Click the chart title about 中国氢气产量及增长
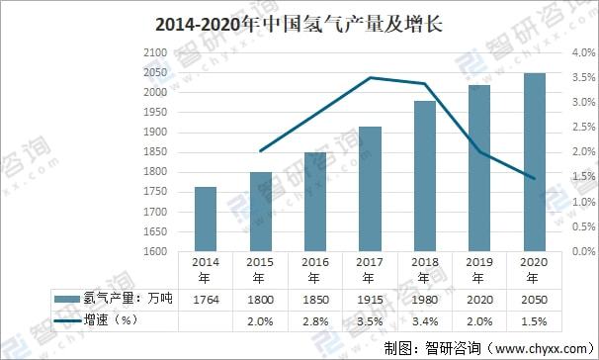pyautogui.click(x=299, y=24)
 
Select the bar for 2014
pyautogui.click(x=206, y=219)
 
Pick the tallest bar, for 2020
pyautogui.click(x=535, y=161)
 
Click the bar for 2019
pyautogui.click(x=479, y=167)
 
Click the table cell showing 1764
pyautogui.click(x=206, y=298)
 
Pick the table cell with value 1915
pyautogui.click(x=370, y=298)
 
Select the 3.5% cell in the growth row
pyautogui.click(x=370, y=320)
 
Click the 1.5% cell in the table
pyautogui.click(x=535, y=320)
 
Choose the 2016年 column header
pyautogui.click(x=315, y=269)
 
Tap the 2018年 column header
pyautogui.click(x=425, y=269)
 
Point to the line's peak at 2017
pyautogui.click(x=370, y=77)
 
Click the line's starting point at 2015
pyautogui.click(x=260, y=151)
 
